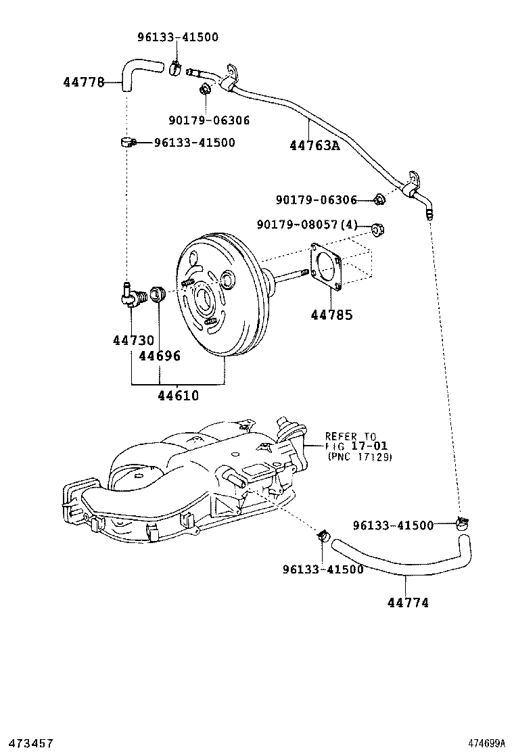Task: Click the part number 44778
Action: coord(83,83)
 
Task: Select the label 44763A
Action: coord(314,145)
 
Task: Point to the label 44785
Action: coord(331,314)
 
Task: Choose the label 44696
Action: coord(160,356)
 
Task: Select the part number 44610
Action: coord(179,396)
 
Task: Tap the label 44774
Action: coord(408,603)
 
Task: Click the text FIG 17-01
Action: coord(350,446)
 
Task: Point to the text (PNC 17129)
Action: coord(359,457)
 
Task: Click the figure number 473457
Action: coord(28,743)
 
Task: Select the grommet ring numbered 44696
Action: coord(159,295)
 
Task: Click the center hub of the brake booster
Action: coord(202,298)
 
